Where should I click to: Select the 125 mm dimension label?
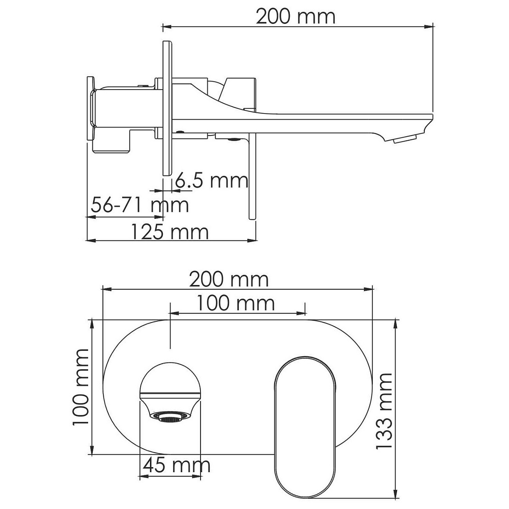tap(169, 232)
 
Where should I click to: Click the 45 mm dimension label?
tap(176, 465)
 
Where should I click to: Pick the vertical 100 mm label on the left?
tap(81, 387)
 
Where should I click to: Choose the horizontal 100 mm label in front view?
tap(235, 303)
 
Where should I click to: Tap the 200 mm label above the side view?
tap(296, 17)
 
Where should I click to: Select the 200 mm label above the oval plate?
tap(229, 280)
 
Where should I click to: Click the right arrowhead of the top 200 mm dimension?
tap(430, 27)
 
